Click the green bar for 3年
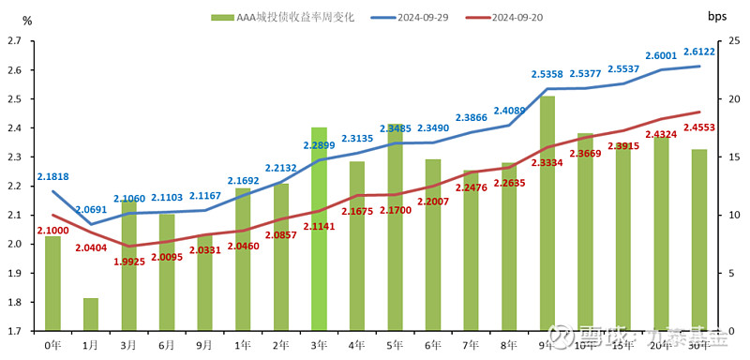(x=319, y=230)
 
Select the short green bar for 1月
(x=91, y=314)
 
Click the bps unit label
(x=718, y=17)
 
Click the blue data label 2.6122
(x=699, y=52)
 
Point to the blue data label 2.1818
(x=52, y=176)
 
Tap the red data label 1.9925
(x=128, y=261)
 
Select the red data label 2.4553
(x=699, y=127)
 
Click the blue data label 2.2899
(x=319, y=145)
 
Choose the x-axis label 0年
(x=52, y=345)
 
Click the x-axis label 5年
(x=395, y=345)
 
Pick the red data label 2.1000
(x=52, y=231)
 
